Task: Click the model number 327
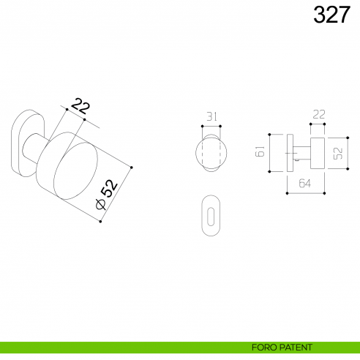click(331, 15)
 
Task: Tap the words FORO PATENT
click(282, 347)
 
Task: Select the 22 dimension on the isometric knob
click(80, 105)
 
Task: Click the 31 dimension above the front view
click(211, 117)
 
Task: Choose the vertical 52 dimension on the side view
click(339, 153)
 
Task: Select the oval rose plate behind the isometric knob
click(23, 143)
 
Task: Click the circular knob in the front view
click(211, 154)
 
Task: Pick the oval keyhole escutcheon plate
click(211, 215)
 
